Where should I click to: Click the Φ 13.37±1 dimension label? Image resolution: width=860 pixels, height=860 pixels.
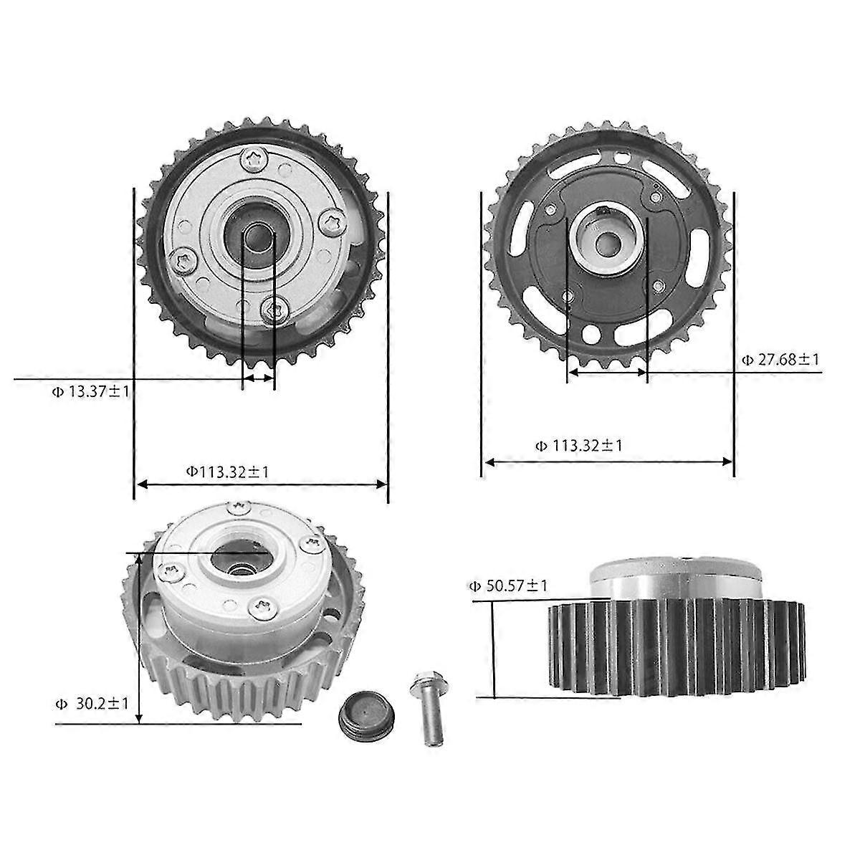[x=90, y=391]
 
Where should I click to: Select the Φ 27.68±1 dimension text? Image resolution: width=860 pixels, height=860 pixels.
[x=779, y=360]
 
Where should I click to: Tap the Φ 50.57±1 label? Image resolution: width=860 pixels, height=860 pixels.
[x=508, y=586]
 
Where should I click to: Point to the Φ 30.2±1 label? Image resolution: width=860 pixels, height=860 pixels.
[x=92, y=704]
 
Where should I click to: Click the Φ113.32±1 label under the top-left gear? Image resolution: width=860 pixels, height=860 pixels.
[x=228, y=472]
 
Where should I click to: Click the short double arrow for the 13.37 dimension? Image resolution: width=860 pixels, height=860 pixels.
[x=259, y=377]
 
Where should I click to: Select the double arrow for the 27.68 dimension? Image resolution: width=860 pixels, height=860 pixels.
[x=606, y=372]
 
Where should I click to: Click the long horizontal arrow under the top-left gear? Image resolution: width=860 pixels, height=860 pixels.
[x=262, y=485]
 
